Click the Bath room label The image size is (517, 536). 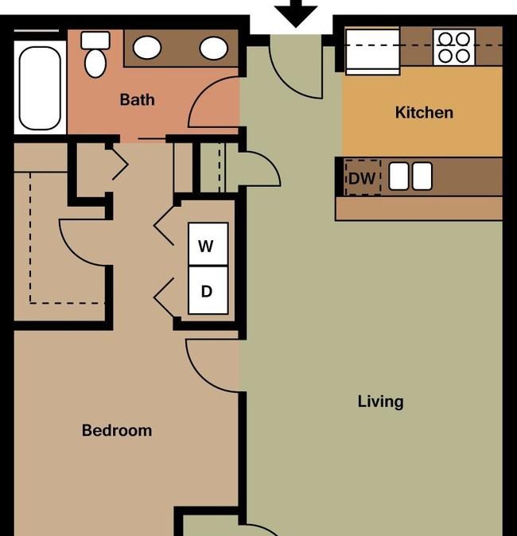[x=137, y=100]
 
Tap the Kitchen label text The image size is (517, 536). [x=424, y=112]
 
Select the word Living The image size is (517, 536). [x=380, y=402]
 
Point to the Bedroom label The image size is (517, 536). [x=117, y=430]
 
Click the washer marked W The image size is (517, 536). [x=208, y=244]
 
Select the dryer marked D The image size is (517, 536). [x=208, y=290]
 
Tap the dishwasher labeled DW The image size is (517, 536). [x=363, y=178]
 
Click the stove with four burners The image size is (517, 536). [x=453, y=47]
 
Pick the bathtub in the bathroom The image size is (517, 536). [x=40, y=88]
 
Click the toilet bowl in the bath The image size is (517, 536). [x=95, y=64]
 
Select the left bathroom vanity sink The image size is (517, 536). [x=147, y=48]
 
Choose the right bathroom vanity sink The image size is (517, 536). [x=214, y=49]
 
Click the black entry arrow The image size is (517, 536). [x=296, y=13]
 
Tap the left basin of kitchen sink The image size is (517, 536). [x=399, y=176]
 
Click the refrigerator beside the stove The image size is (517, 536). [x=373, y=52]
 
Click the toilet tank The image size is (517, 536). [x=95, y=41]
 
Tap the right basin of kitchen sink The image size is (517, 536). [x=422, y=176]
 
